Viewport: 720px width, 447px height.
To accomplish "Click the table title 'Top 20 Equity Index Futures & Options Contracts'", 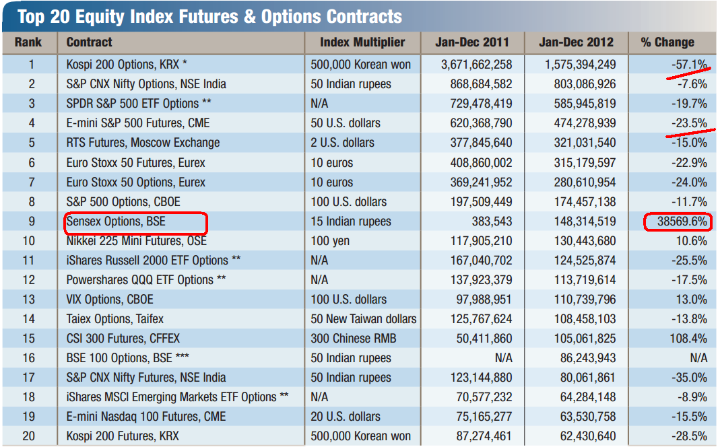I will pos(209,15).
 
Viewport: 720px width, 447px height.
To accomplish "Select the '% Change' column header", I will pos(667,42).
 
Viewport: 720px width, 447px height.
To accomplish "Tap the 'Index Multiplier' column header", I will pos(362,42).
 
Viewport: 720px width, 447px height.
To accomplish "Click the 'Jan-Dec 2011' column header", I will pos(472,42).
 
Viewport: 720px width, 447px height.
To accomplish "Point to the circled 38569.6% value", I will pos(677,221).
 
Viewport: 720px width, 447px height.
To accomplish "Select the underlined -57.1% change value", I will pos(689,65).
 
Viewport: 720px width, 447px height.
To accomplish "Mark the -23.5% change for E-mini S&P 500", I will pos(689,123).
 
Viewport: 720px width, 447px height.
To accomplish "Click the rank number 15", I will pos(28,339).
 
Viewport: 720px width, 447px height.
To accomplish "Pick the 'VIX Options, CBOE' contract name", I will pos(110,300).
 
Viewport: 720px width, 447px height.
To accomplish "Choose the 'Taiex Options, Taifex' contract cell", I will pos(114,319).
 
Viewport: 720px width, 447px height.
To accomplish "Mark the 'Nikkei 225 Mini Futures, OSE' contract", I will pos(136,241).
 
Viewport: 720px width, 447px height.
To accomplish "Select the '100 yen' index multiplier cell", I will pos(330,241).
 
